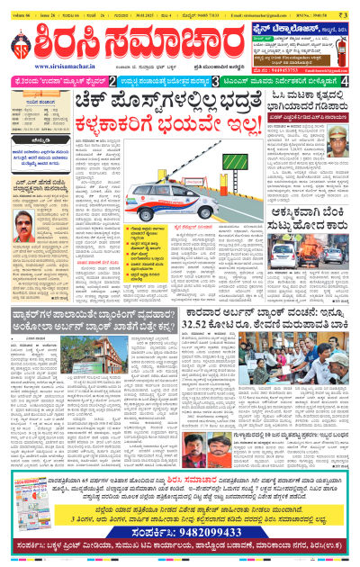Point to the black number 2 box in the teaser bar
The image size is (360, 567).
(x=112, y=81)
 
